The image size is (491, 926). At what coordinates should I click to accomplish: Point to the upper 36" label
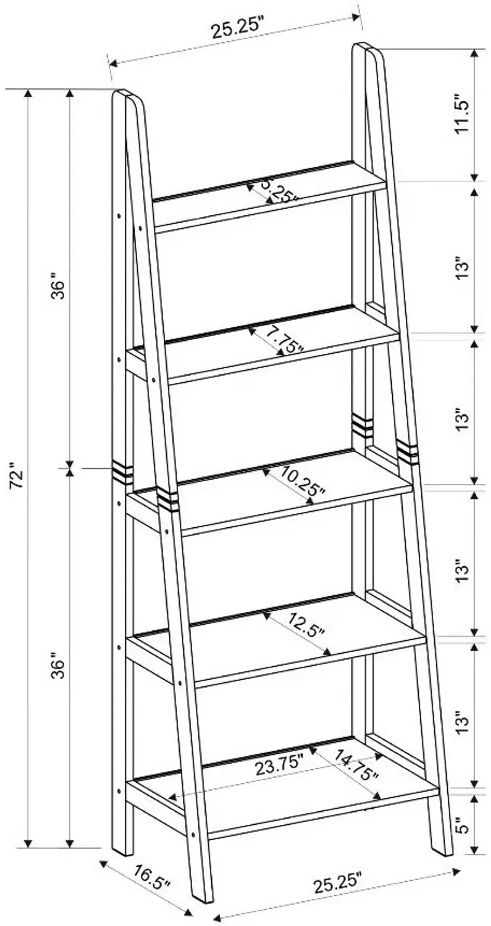coord(58,286)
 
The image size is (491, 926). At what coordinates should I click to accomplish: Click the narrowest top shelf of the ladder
coord(270,196)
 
